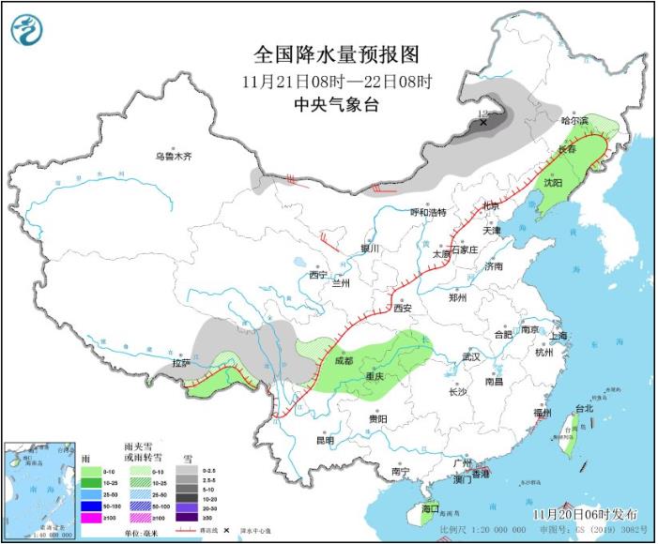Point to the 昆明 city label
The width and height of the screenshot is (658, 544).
pyautogui.click(x=325, y=440)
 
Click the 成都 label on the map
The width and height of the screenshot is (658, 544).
pyautogui.click(x=342, y=360)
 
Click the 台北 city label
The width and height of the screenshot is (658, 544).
pyautogui.click(x=584, y=409)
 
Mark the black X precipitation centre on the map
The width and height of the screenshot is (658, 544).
pyautogui.click(x=483, y=123)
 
